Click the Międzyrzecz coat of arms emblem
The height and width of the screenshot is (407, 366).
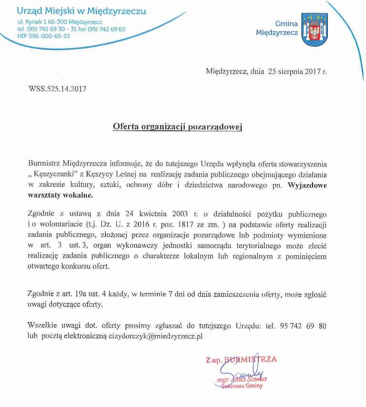pos(315,30)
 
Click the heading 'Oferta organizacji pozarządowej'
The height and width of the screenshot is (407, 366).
pos(178,127)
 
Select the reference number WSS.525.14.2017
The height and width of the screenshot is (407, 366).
pos(58,88)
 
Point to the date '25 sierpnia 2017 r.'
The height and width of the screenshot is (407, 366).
pos(297,72)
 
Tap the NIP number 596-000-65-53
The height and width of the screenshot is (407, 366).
pos(43,36)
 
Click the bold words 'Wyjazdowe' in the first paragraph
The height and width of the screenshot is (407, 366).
pos(307,186)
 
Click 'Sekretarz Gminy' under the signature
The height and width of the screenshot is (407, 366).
pos(242,386)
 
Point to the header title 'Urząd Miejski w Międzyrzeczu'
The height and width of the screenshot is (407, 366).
pos(81,11)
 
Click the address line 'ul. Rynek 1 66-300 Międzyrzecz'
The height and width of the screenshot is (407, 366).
pos(60,22)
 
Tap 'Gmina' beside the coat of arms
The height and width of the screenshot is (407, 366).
pos(286,23)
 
